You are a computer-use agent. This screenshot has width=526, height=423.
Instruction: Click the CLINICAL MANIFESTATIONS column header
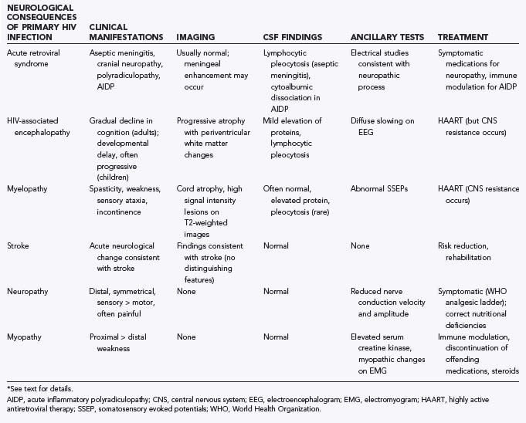pos(126,32)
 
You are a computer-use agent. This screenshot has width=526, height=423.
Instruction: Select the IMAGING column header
pos(196,37)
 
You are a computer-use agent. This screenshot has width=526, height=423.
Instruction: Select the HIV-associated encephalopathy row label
pos(40,126)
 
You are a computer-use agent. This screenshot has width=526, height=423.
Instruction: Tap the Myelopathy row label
pos(29,188)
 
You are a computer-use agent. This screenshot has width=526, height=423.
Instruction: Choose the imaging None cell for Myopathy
pos(187,337)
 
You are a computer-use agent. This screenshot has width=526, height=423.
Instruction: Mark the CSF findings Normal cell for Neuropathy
pos(277,292)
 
